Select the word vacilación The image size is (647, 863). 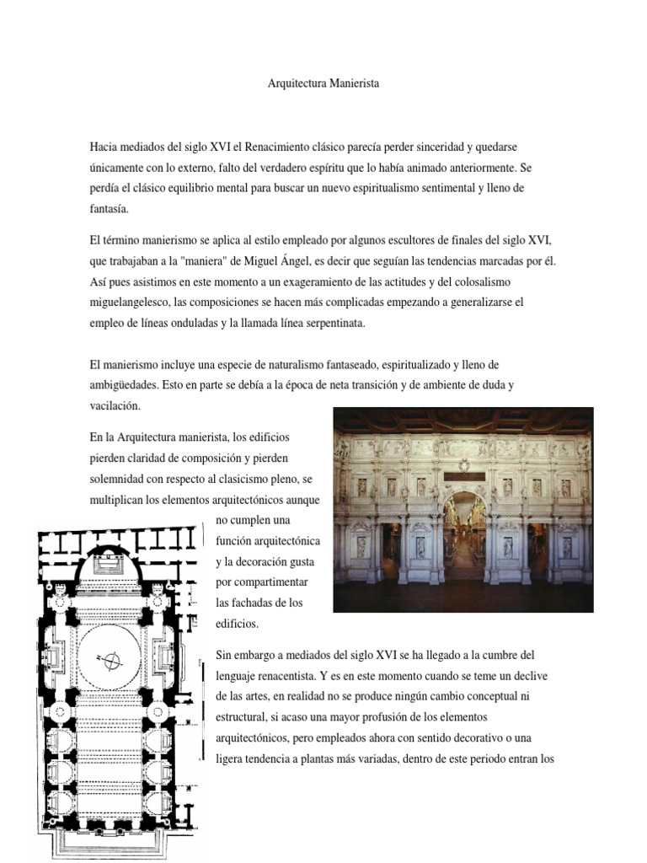click(114, 405)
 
